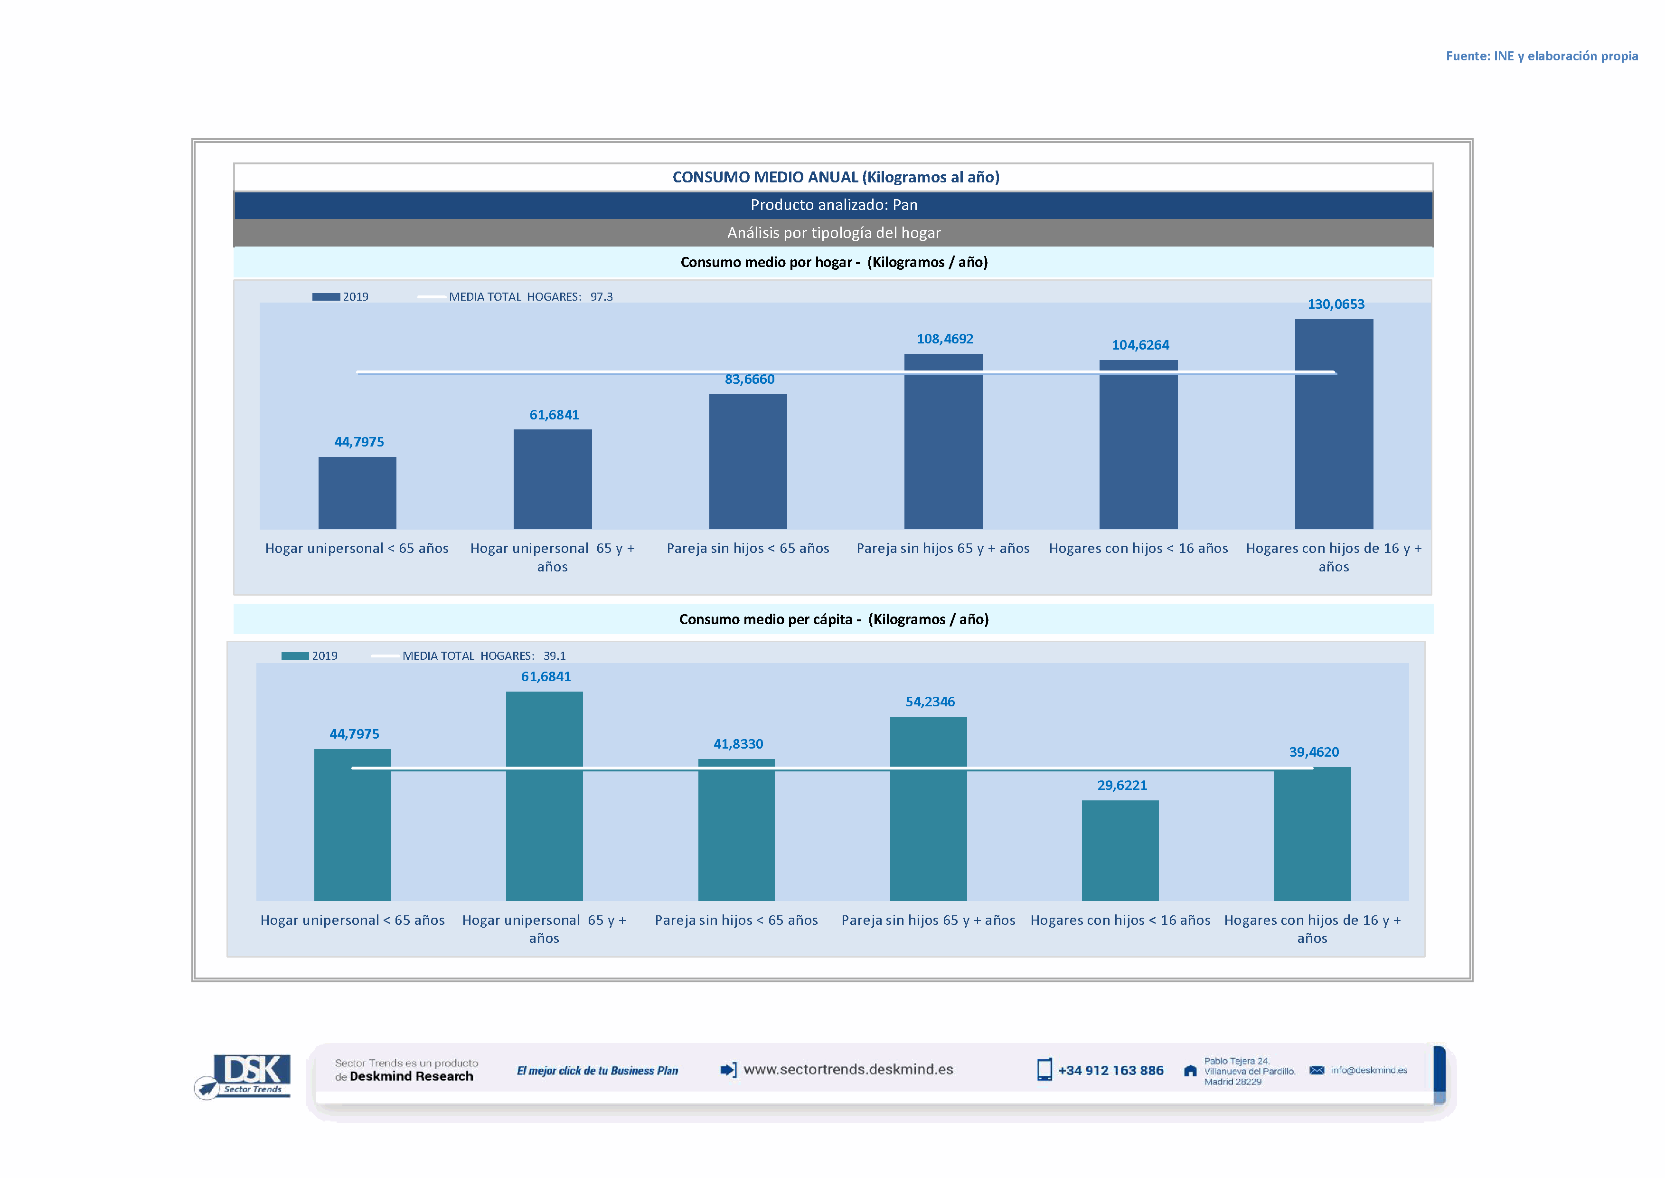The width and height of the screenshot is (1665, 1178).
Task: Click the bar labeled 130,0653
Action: pyautogui.click(x=1334, y=424)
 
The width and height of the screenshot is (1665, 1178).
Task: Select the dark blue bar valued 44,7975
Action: pyautogui.click(x=357, y=493)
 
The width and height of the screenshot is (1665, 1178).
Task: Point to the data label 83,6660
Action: pyautogui.click(x=749, y=380)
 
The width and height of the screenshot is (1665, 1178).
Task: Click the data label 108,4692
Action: pyautogui.click(x=945, y=339)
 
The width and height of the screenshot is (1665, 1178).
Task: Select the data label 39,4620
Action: pyautogui.click(x=1313, y=752)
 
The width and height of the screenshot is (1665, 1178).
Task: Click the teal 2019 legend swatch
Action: pyautogui.click(x=295, y=655)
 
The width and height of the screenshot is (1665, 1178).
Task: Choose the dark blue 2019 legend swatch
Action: pyautogui.click(x=326, y=297)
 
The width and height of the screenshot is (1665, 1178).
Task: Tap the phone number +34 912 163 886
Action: pyautogui.click(x=1110, y=1071)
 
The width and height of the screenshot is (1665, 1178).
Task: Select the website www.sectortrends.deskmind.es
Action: pyautogui.click(x=848, y=1070)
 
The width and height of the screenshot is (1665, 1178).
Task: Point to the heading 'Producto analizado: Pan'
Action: pyautogui.click(x=833, y=205)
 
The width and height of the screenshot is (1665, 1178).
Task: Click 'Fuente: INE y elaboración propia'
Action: pyautogui.click(x=1541, y=56)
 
